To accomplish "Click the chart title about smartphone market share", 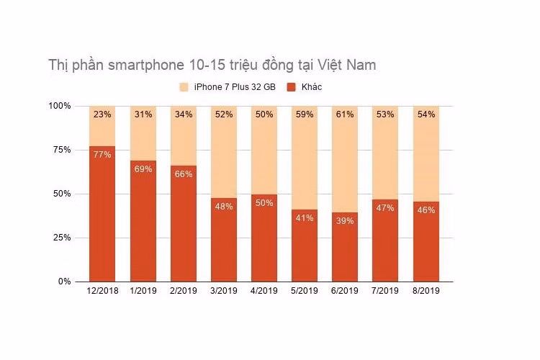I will pyautogui.click(x=212, y=65).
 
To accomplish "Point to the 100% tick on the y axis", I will pyautogui.click(x=60, y=106).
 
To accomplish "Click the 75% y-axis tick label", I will pyautogui.click(x=62, y=150).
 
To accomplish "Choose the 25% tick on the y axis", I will pyautogui.click(x=62, y=238).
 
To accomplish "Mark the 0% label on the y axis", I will pyautogui.click(x=64, y=282).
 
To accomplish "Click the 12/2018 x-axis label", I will pyautogui.click(x=102, y=292).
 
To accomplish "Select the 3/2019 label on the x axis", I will pyautogui.click(x=222, y=292).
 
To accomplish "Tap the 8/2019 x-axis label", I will pyautogui.click(x=426, y=292).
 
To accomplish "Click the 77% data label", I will pyautogui.click(x=102, y=155).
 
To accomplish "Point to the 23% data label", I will pyautogui.click(x=102, y=114).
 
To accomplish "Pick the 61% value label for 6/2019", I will pyautogui.click(x=344, y=114).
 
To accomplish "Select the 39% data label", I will pyautogui.click(x=344, y=221).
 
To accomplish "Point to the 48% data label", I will pyautogui.click(x=223, y=206).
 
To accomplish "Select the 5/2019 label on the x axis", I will pyautogui.click(x=304, y=292).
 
